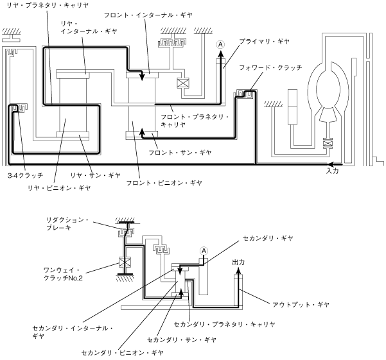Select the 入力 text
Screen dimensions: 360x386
click(332, 171)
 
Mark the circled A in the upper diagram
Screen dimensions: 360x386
click(220, 44)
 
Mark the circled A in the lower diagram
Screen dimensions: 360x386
click(204, 250)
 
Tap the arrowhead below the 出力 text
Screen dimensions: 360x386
click(238, 272)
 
